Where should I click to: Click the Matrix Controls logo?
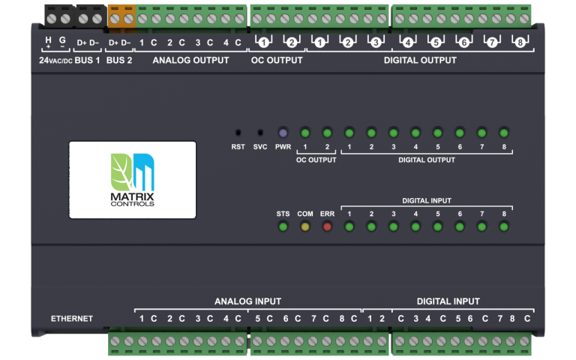click(132, 180)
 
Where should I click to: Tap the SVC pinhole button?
click(260, 132)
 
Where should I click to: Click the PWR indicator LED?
click(283, 132)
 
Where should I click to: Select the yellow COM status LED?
click(305, 226)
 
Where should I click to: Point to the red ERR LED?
click(327, 226)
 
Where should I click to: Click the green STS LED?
click(283, 226)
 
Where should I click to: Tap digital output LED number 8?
click(504, 133)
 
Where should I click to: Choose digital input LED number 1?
click(349, 226)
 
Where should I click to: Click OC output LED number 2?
click(327, 133)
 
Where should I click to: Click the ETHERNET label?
click(71, 319)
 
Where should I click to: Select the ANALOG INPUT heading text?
click(247, 301)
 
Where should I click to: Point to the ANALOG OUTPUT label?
click(190, 60)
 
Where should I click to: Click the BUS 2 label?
click(119, 60)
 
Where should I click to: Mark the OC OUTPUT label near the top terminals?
click(276, 60)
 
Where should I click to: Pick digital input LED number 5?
click(437, 226)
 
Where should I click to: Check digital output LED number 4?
click(415, 133)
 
